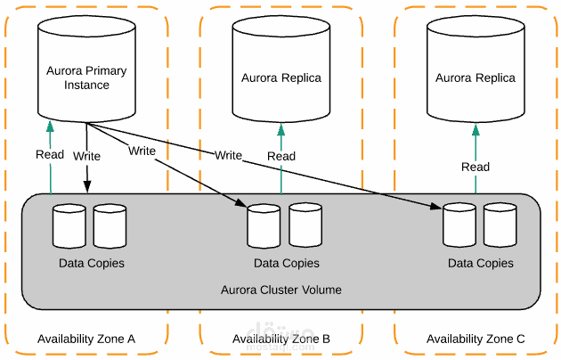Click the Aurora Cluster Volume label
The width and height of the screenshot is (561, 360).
click(x=281, y=290)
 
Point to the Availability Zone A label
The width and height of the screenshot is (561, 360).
click(x=86, y=339)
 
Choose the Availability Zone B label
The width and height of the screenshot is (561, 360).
click(x=281, y=339)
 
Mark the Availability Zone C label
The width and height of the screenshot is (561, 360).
click(x=476, y=339)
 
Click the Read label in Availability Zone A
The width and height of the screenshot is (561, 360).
click(x=50, y=154)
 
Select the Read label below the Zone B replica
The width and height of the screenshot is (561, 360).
click(x=281, y=156)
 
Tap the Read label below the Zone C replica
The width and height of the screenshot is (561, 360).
click(x=476, y=167)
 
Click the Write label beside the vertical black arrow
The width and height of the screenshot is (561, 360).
click(x=87, y=156)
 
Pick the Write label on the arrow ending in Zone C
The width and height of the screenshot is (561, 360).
click(x=228, y=155)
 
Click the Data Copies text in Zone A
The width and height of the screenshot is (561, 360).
click(x=92, y=264)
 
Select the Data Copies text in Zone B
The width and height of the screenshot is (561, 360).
click(x=286, y=264)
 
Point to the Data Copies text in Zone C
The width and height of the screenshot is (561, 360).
click(x=481, y=264)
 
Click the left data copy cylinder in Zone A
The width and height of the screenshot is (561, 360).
click(x=69, y=226)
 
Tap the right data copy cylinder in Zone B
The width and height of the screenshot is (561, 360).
click(x=305, y=226)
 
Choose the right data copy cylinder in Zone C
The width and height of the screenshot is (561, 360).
click(x=500, y=226)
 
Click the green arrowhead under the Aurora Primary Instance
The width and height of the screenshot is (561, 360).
click(x=51, y=127)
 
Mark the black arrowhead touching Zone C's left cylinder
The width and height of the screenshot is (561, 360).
click(x=437, y=209)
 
